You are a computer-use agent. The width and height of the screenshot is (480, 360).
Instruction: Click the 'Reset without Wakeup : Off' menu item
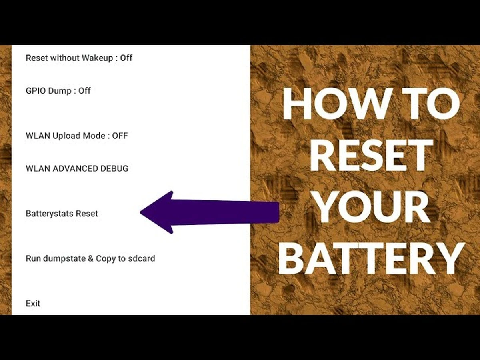(x=79, y=58)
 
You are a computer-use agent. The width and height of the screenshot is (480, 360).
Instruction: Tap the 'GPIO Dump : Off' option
(x=58, y=91)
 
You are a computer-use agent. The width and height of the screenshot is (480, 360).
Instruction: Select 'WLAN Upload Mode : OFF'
(x=77, y=136)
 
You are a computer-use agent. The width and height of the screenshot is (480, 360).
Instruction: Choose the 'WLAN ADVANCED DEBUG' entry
(x=77, y=168)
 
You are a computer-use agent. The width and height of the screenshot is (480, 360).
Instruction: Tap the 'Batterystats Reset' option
(x=62, y=214)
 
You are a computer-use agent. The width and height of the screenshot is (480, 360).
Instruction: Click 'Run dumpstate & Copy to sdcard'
(x=90, y=258)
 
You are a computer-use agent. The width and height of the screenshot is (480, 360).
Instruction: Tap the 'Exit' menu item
(x=33, y=303)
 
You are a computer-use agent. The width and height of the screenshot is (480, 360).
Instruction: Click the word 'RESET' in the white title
(x=371, y=155)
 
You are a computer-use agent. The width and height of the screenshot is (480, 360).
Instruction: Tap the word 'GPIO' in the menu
(x=36, y=91)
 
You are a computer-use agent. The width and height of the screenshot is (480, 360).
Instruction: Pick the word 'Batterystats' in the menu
(x=50, y=214)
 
